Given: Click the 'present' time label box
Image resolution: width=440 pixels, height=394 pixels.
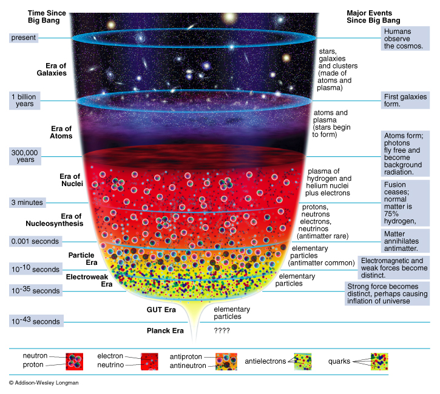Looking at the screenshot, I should coord(24,38).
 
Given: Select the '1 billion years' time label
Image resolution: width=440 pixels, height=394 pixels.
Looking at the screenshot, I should coord(25,101).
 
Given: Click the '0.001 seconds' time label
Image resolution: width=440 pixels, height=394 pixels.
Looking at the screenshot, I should coord(35,241).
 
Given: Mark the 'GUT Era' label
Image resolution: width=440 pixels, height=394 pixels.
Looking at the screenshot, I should coord(161,309).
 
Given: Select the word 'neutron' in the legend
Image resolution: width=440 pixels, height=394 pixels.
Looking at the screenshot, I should coord(35,356).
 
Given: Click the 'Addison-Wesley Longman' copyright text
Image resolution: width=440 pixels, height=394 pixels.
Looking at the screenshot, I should coord(44,383).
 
